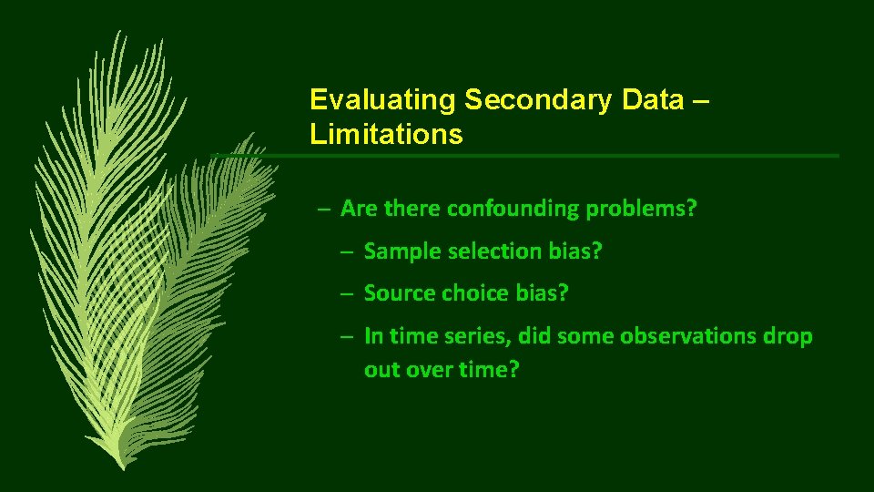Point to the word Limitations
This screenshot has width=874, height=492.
[x=386, y=136]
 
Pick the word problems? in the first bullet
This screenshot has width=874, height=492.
[x=642, y=209]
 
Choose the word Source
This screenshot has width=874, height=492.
[x=400, y=293]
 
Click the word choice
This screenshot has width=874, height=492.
[x=475, y=293]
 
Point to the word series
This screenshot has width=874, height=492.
[x=478, y=336]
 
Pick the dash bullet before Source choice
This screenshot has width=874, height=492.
[x=348, y=294]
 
